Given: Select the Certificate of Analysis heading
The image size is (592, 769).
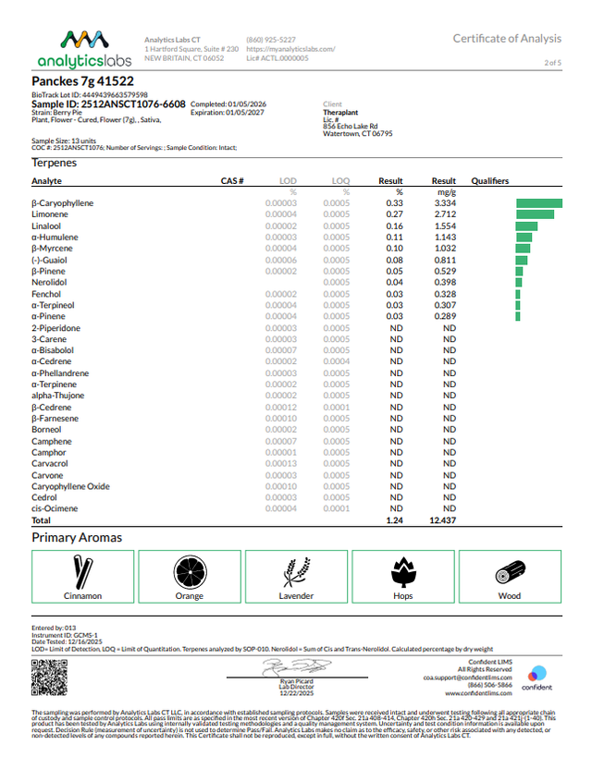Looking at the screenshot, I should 507,38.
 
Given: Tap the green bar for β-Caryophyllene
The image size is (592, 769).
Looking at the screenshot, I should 539,202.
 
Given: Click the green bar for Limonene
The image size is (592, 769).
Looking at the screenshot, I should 535,214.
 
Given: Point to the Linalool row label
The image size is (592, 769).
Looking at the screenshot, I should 47,226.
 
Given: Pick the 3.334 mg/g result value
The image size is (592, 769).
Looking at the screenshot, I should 444,202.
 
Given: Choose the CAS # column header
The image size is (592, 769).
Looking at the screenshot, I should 231,180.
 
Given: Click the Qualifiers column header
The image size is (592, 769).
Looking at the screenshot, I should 490,180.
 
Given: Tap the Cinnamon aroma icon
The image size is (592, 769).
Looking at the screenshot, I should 82,572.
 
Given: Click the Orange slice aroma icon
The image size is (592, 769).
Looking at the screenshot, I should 189,572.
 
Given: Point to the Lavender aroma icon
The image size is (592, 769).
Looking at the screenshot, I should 296,572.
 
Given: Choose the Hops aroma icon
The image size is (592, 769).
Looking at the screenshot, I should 402,572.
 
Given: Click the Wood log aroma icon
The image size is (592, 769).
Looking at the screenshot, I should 510,572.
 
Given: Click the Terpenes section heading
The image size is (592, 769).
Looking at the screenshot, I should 55,163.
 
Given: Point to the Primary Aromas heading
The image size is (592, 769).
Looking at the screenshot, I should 77,537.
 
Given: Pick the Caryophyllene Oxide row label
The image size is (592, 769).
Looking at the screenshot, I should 70,485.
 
